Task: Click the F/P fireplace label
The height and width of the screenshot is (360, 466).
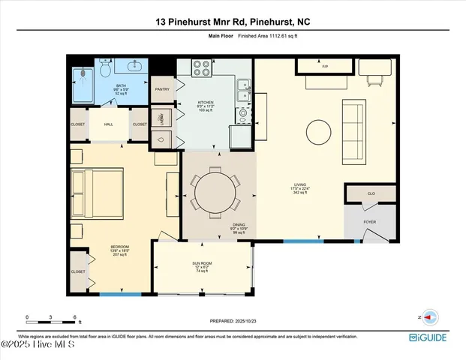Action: pos(325,67)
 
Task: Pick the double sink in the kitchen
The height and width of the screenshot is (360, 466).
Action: pos(242,91)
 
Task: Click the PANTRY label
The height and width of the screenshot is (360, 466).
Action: pos(162,89)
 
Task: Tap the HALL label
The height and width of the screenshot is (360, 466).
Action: pos(108,124)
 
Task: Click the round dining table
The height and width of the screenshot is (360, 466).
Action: pos(215,193)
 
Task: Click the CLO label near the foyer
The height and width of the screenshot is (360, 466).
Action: pos(370,193)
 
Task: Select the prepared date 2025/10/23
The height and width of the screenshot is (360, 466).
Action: pos(232,321)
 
